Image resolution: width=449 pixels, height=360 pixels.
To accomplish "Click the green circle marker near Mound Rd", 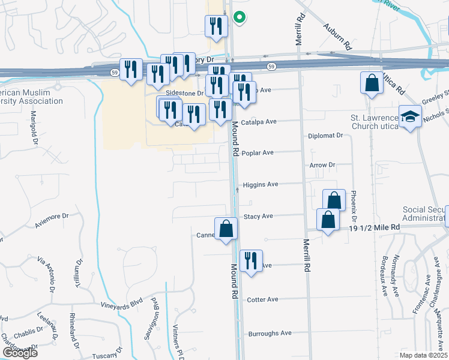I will tap(240, 18).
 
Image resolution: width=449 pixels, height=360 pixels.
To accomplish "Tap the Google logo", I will tap(20, 353).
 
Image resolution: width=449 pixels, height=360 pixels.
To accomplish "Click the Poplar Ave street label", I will tap(258, 153).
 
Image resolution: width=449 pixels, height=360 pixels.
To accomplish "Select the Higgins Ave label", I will tap(260, 185).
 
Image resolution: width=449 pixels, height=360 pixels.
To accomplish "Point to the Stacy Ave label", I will tap(258, 216).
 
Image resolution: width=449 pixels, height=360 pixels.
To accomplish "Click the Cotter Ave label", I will tap(262, 299).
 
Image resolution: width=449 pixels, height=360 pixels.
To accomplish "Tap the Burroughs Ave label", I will tap(270, 333).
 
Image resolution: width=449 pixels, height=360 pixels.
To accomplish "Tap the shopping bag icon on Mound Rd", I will tap(226, 229).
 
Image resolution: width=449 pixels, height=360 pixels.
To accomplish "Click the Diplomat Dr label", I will tap(325, 136).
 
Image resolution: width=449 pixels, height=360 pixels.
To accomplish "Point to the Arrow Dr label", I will tap(322, 165).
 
